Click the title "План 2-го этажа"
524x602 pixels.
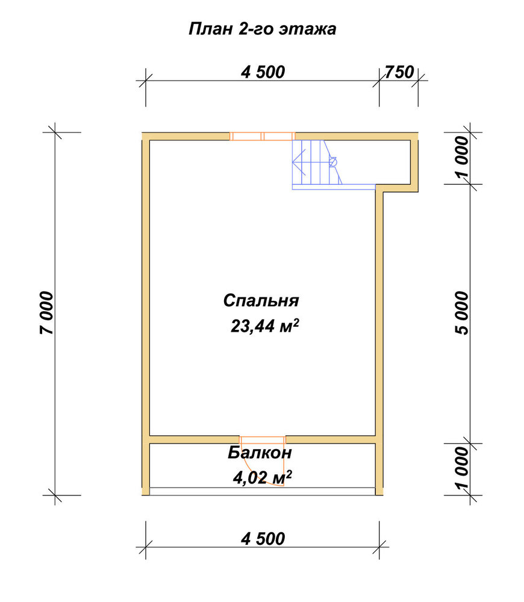pos(263,29)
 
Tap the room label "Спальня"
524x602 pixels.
pos(261,300)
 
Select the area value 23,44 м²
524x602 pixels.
pos(264,326)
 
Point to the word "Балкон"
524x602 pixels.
pos(260,453)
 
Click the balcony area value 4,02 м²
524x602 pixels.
pos(263,477)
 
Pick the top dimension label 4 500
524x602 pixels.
pos(263,72)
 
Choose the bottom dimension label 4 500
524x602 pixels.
pos(263,539)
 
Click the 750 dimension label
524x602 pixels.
pos(399,72)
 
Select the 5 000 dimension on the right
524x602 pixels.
pos(463,313)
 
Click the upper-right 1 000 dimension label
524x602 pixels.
pos(463,157)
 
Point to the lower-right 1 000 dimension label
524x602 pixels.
pos(463,469)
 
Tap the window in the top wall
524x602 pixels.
pos(263,136)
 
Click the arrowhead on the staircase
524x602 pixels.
pos(298,162)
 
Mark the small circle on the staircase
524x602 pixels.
pos(332,162)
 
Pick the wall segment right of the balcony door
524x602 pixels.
pos(331,440)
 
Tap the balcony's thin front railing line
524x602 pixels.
pos(263,488)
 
